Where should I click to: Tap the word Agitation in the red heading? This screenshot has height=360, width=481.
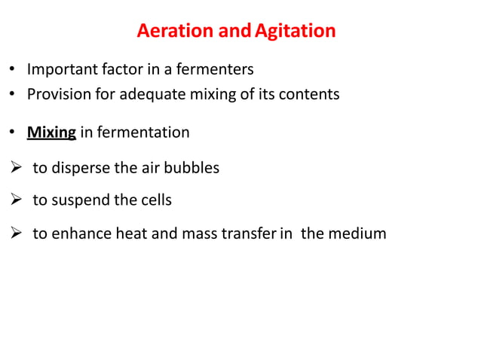click(295, 32)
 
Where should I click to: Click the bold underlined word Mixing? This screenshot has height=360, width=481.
click(51, 133)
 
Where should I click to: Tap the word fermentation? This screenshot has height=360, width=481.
click(145, 133)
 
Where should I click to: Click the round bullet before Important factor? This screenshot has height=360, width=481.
click(13, 70)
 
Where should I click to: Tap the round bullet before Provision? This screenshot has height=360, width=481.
click(13, 96)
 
